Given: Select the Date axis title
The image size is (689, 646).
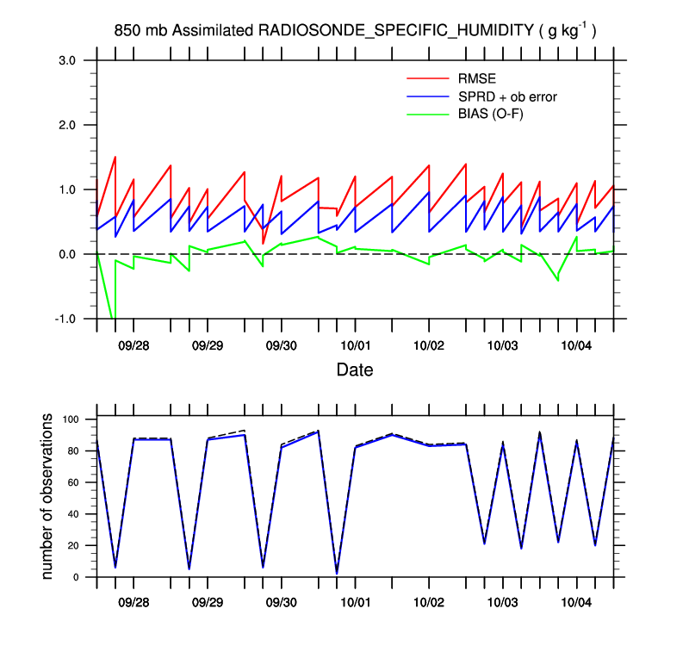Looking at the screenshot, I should pyautogui.click(x=355, y=370).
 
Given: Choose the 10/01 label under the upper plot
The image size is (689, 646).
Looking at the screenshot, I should pyautogui.click(x=355, y=345).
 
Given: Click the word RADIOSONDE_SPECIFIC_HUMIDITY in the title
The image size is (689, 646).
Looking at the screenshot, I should pyautogui.click(x=396, y=31).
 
